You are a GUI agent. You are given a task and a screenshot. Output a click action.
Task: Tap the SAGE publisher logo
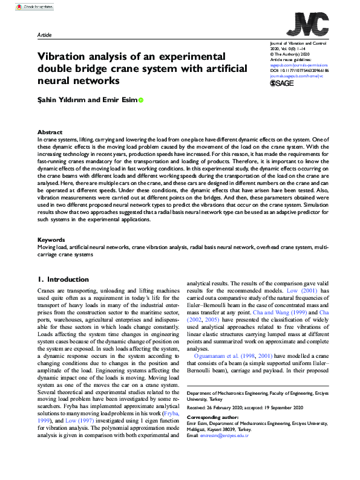(284, 84)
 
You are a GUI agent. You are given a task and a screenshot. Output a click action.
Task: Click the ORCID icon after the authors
(141, 100)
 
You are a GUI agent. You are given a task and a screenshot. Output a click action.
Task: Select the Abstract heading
(50, 132)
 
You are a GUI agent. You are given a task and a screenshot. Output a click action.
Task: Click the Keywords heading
(51, 257)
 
